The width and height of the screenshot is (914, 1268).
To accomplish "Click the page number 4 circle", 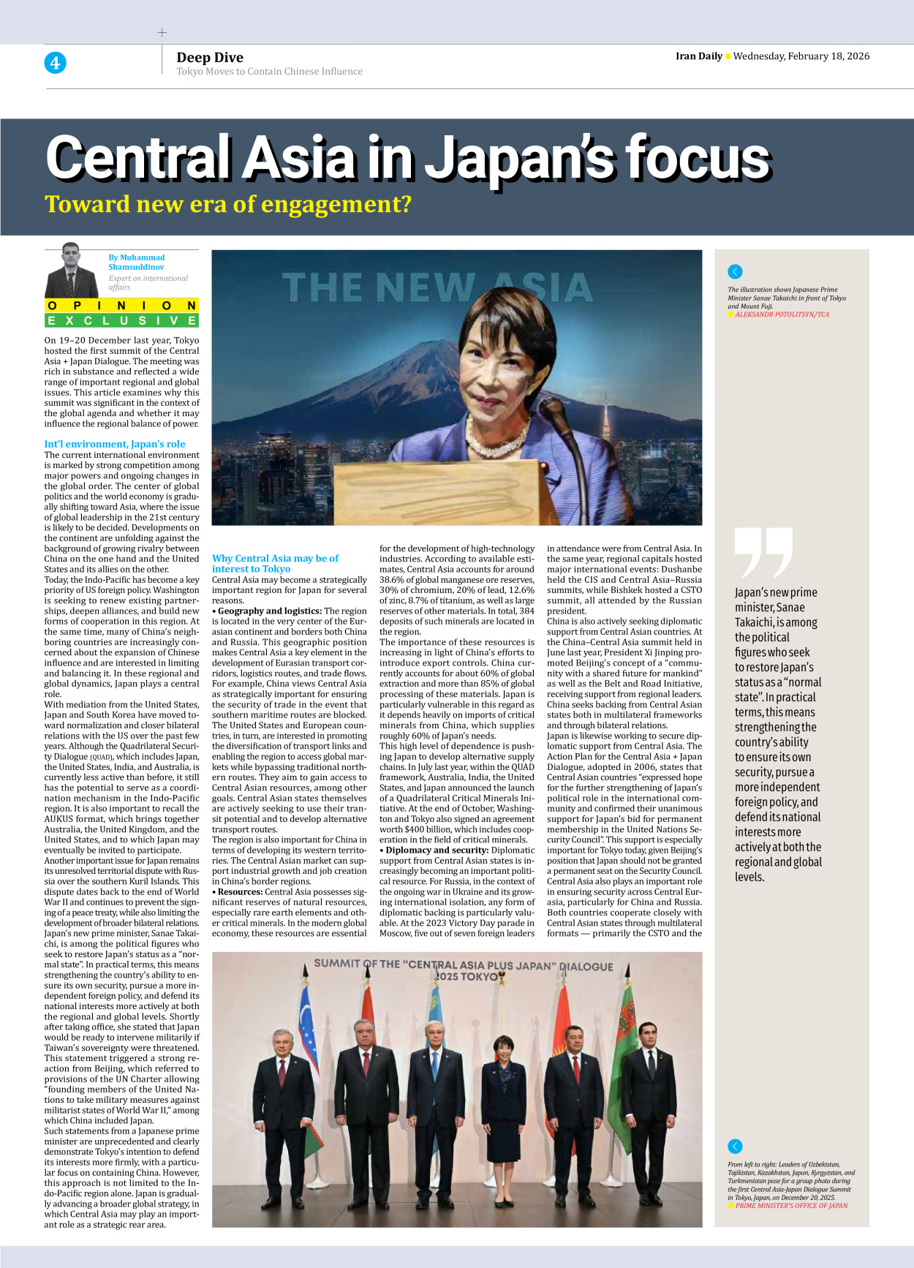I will (x=55, y=63).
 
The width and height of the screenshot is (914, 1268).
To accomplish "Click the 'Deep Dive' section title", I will (x=210, y=58).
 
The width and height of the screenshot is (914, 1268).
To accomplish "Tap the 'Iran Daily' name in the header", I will (x=698, y=56).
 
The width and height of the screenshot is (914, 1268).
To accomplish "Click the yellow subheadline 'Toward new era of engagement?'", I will (x=228, y=205).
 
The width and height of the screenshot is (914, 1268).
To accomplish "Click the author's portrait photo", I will (x=71, y=271).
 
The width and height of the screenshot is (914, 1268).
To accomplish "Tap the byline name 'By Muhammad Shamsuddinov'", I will (x=136, y=262).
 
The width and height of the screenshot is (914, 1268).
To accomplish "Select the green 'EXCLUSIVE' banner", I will (x=121, y=320).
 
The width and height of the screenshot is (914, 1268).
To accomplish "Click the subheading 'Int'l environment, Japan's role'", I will (x=115, y=444).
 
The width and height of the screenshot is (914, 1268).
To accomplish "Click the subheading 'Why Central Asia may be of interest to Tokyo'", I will (x=275, y=563).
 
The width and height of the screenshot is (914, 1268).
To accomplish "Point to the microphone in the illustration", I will (x=556, y=416).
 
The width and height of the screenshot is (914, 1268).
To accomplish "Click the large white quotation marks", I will (x=763, y=552).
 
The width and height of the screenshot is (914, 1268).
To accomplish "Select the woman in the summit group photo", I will (x=504, y=1089).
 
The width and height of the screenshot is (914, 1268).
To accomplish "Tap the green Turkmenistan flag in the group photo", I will (x=622, y=1068).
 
